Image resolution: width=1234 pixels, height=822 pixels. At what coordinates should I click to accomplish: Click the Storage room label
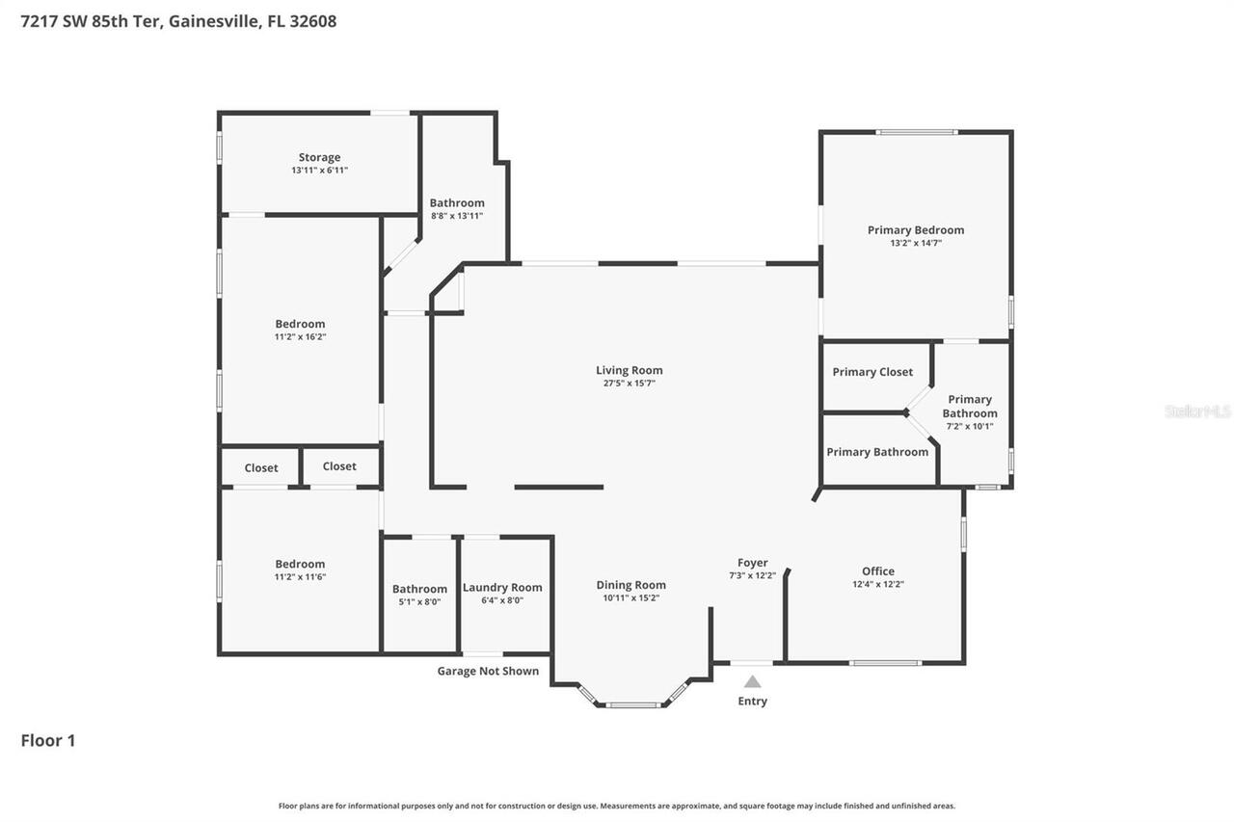point(319,157)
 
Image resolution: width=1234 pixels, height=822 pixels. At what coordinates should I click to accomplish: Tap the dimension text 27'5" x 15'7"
point(629,384)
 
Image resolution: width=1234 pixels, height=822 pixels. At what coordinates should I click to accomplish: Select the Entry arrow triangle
point(752,681)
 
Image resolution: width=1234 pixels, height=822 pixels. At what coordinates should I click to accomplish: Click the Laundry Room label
point(502,588)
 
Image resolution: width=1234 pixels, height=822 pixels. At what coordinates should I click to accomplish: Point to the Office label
point(877,571)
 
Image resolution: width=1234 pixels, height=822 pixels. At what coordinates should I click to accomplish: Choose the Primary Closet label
point(872,372)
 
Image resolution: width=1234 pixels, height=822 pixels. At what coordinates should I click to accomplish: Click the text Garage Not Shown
point(488,671)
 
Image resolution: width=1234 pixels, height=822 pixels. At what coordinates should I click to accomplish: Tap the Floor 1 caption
point(48,740)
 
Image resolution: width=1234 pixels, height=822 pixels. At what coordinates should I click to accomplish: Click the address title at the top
point(179,21)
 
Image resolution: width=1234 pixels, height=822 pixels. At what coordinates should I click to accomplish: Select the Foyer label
point(752,563)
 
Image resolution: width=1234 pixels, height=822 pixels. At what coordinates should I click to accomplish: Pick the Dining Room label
point(630,585)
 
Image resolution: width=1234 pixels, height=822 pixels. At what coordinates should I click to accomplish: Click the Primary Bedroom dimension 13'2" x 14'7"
point(915,243)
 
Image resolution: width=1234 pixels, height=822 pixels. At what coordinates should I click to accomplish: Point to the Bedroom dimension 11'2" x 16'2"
point(300,336)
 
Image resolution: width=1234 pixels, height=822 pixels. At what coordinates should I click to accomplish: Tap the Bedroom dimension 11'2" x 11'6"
point(300,576)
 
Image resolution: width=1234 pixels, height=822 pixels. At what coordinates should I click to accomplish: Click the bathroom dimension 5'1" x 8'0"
point(419,601)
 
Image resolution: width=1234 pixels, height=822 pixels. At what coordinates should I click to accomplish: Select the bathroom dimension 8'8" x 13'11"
point(457,215)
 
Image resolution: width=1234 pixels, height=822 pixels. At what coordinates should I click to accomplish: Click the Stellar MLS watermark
point(1197,411)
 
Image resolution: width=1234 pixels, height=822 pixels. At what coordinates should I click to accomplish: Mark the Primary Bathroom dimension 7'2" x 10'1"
point(969,426)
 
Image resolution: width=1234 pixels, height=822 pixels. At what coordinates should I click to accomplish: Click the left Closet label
point(261,468)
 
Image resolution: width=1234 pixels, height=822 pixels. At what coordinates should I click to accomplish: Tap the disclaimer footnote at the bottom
point(617,806)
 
